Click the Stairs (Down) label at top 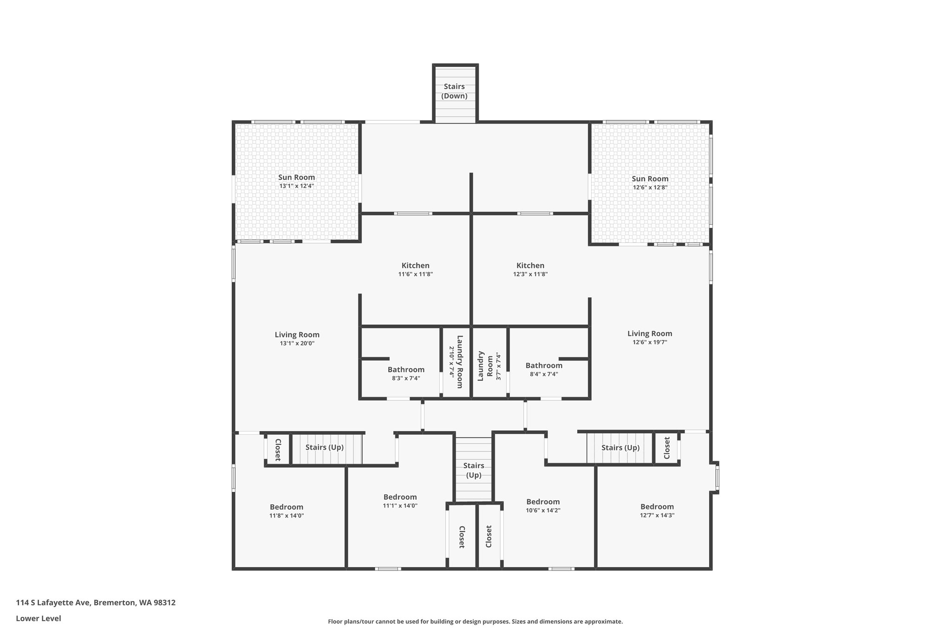(454, 91)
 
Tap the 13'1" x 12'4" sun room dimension (296, 186)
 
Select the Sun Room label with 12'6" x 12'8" (650, 179)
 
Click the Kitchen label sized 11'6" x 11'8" (415, 266)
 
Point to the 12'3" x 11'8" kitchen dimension (530, 274)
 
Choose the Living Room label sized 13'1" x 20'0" (297, 334)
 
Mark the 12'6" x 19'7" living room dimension (650, 342)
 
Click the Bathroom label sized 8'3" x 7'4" (406, 370)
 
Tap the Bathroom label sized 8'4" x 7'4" (544, 366)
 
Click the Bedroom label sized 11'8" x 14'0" (287, 507)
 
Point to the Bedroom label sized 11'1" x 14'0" (400, 497)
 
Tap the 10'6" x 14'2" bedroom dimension (543, 510)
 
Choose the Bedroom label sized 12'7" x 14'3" (657, 506)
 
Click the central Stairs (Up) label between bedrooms (474, 470)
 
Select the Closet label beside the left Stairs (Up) (278, 450)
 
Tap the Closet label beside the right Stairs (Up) (667, 448)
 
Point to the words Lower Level (39, 618)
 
